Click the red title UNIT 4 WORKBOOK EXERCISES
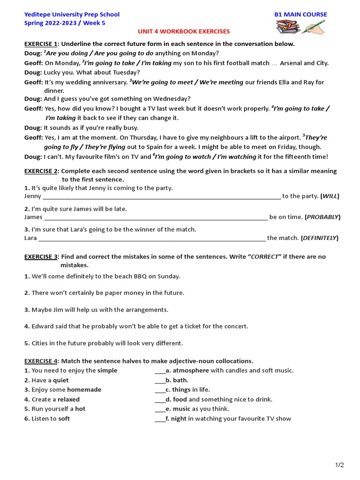point(183,31)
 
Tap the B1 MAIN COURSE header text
point(300,15)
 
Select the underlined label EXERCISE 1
point(41,44)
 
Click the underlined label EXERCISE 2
point(41,171)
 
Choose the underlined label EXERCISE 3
point(41,257)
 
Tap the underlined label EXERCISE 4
point(41,361)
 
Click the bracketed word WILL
point(330,196)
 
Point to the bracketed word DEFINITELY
point(320,238)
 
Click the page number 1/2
point(339,465)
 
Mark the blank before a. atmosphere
point(159,371)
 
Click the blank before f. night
point(159,419)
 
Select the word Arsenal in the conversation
point(292,63)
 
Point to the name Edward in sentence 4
point(43,326)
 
